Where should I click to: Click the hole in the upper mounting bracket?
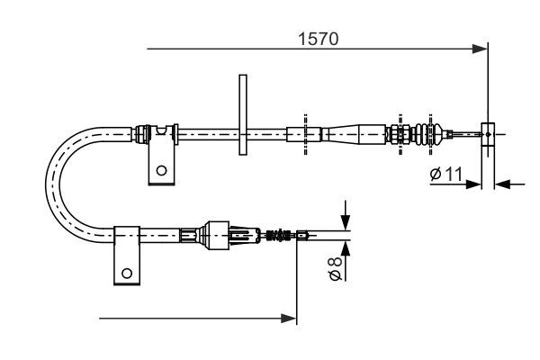(160, 168)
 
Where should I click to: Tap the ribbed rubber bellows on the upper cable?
(418, 135)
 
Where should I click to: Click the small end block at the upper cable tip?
(487, 134)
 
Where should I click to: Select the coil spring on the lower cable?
(279, 237)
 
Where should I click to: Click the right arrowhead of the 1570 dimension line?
(479, 49)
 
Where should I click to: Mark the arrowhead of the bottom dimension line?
(290, 318)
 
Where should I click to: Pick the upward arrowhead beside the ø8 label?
(346, 248)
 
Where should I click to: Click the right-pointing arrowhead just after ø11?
(476, 184)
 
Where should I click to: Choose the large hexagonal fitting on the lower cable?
(216, 236)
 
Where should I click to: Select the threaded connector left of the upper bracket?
(141, 133)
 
